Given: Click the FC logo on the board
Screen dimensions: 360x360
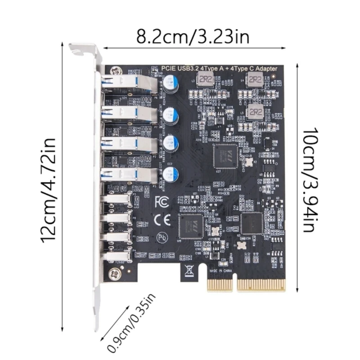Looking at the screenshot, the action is pyautogui.click(x=161, y=202).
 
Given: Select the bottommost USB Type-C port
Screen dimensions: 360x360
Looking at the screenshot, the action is pyautogui.click(x=118, y=256).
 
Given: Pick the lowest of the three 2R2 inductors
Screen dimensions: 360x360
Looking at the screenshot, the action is pyautogui.click(x=255, y=111).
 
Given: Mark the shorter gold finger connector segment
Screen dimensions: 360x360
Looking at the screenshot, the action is pyautogui.click(x=220, y=284).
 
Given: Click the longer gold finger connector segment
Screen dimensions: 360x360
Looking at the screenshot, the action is pyautogui.click(x=261, y=284).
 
